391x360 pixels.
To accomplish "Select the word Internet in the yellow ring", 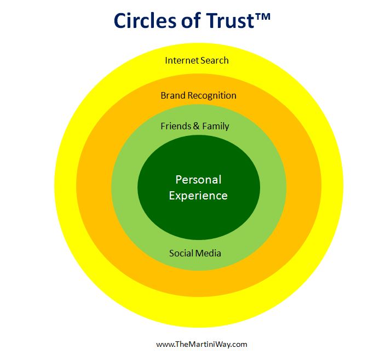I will (181, 60).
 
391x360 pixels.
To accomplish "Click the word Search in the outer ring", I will (214, 60).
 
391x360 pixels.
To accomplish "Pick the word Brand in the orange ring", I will (173, 95).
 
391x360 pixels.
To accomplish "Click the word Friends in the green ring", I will (174, 126).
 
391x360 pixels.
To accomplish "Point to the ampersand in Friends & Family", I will (196, 126).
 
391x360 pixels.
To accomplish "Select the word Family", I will (215, 126).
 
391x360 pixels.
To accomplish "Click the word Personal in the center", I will (198, 179).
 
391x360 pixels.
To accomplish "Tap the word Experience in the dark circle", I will (198, 195).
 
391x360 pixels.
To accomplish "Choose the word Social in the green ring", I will (181, 253).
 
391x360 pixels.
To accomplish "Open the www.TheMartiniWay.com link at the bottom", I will (202, 344).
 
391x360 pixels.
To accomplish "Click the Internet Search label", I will (197, 60).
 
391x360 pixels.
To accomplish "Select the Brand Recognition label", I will (198, 95).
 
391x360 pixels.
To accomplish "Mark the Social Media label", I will (195, 253).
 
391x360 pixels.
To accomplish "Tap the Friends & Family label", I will (194, 126).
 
